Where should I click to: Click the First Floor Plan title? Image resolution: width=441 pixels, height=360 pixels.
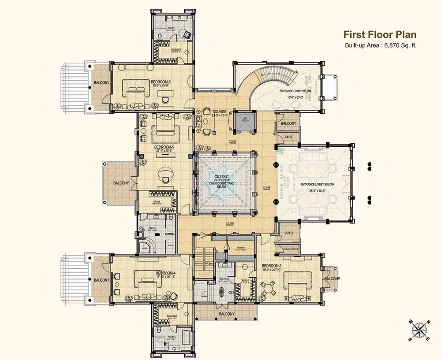click(x=380, y=35)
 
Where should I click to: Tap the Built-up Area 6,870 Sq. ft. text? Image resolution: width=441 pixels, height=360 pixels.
click(x=380, y=45)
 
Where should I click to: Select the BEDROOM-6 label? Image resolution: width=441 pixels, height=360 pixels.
click(x=161, y=82)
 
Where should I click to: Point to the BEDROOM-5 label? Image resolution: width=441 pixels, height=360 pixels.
click(x=163, y=147)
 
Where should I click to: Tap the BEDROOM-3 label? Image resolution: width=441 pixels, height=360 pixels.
click(x=272, y=266)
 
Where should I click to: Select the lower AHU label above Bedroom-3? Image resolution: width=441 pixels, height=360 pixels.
click(x=289, y=233)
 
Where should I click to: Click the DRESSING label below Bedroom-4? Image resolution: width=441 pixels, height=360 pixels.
click(x=172, y=316)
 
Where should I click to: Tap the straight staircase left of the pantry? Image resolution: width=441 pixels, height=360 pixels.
click(x=203, y=260)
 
